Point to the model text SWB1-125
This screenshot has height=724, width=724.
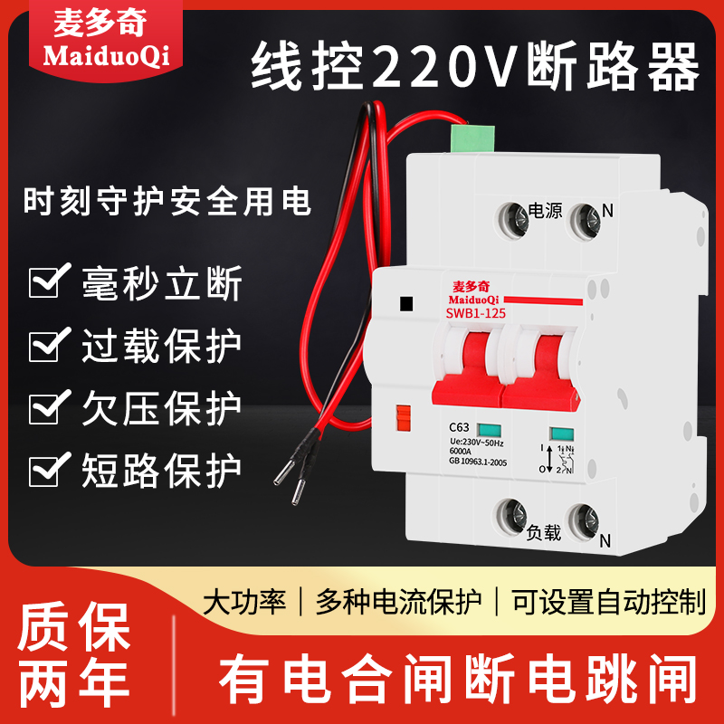click(475, 313)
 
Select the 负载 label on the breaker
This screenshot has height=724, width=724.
click(543, 533)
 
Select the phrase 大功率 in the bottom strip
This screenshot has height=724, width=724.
click(243, 602)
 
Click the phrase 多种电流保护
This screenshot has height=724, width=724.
click(399, 602)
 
